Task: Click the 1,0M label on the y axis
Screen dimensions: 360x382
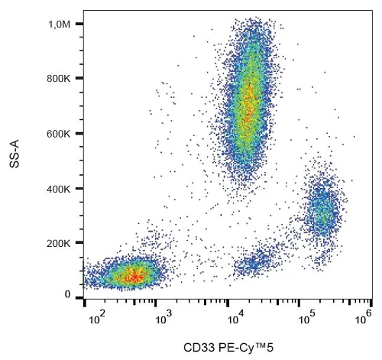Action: pos(60,25)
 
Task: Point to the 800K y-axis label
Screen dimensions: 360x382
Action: pos(59,79)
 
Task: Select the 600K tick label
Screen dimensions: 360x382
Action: pos(59,134)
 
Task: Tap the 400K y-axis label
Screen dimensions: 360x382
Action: pos(59,188)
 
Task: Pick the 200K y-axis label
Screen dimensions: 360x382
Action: pos(59,243)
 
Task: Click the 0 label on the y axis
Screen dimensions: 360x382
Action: pos(68,294)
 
